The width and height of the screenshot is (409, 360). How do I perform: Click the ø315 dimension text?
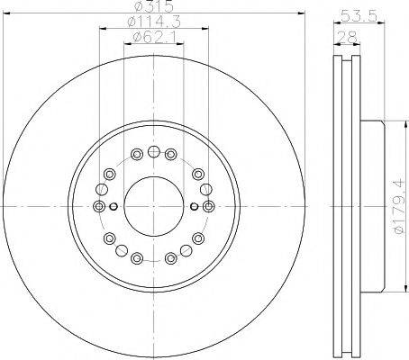coord(150,7)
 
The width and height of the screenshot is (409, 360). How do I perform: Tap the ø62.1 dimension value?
coord(150,36)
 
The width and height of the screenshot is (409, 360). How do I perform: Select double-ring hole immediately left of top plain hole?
coord(135,154)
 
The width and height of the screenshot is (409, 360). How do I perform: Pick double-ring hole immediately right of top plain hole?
coord(169,154)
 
